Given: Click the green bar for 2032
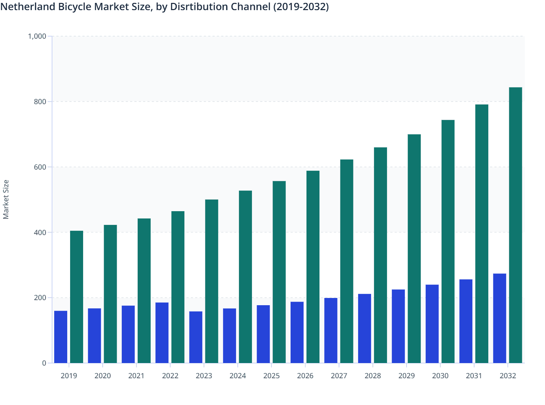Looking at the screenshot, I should (515, 225).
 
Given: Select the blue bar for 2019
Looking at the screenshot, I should (61, 337).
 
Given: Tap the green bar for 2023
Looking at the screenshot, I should (211, 281).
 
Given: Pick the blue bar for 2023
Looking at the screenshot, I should (196, 337).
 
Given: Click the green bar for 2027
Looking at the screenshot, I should (347, 261).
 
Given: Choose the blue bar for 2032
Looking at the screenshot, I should (499, 318).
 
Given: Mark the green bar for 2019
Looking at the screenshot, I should (77, 297).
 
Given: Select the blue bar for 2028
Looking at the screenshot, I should (364, 328).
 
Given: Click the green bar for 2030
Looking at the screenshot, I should (448, 241).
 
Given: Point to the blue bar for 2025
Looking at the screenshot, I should (263, 334).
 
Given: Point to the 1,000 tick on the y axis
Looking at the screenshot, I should (37, 36).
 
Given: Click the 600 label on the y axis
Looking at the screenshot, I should (40, 167).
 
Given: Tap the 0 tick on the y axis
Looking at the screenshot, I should (44, 363).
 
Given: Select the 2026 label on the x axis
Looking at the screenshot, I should (305, 376).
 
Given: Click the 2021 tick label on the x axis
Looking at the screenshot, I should (136, 376).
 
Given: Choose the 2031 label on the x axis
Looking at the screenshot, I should (474, 376).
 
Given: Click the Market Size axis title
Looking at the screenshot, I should (6, 199).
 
